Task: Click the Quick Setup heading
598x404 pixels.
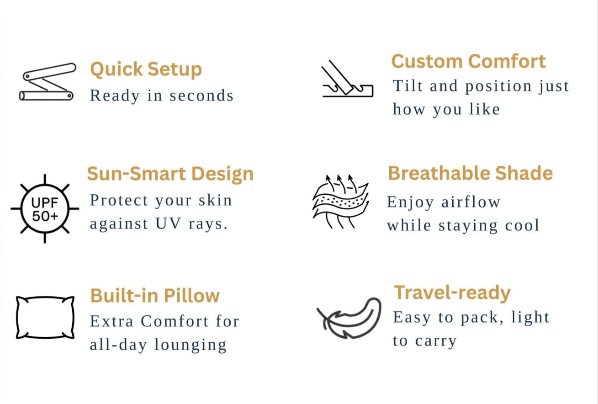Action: coord(146,69)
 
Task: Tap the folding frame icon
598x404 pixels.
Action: coord(48,82)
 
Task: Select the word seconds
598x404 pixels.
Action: coord(201,96)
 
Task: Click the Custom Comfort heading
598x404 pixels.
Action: coord(469,61)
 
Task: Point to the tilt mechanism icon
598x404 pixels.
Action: coord(348,79)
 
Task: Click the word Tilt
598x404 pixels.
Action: coord(407,86)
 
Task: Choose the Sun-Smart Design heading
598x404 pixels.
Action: coord(170,174)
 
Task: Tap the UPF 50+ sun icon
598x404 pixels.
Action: coord(45,208)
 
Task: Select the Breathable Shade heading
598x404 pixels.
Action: coord(471,173)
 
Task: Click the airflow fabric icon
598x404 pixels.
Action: coord(341,202)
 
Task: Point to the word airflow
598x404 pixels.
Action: coord(471,202)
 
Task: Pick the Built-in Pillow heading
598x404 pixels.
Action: coord(155,296)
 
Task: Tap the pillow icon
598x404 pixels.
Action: coord(45,318)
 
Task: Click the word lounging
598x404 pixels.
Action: coord(191,345)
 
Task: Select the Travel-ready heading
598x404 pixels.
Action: coord(452,293)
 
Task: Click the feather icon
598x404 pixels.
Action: coord(349,318)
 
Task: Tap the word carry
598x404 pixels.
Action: coord(436,341)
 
